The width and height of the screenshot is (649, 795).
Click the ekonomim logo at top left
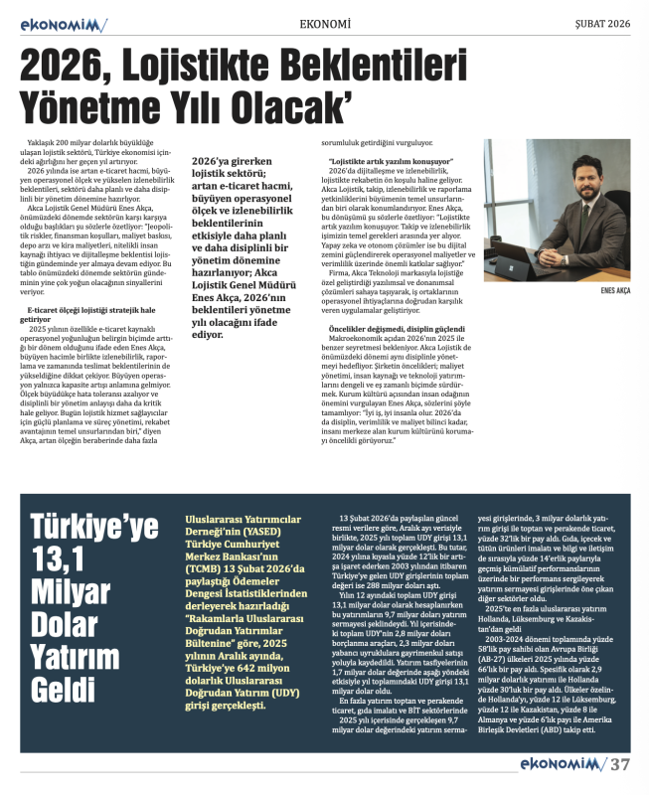(x=59, y=24)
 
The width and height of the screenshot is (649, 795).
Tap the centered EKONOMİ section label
(x=324, y=24)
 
